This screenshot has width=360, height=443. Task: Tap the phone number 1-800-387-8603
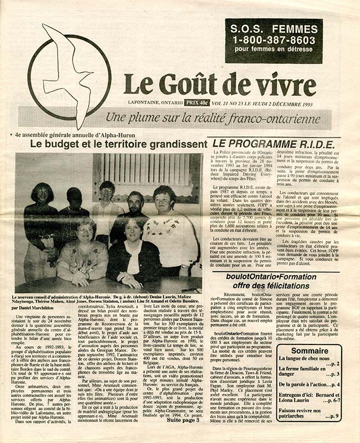pyautogui.click(x=274, y=40)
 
